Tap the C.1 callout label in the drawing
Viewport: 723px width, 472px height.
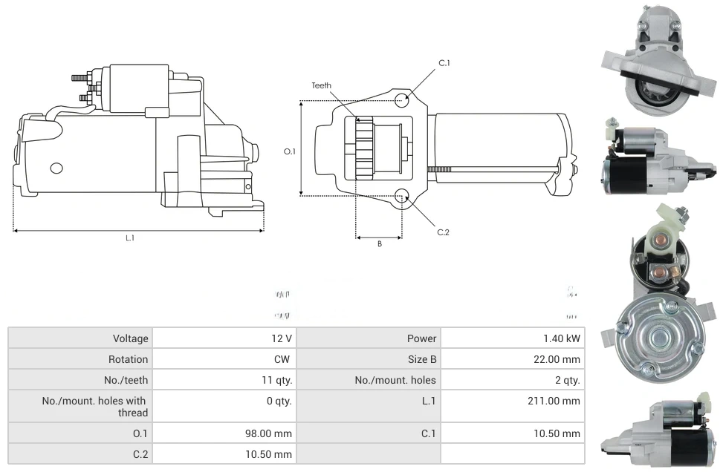pos(444,63)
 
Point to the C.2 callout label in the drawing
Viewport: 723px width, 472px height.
pos(443,232)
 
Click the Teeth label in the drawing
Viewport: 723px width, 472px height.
pos(322,85)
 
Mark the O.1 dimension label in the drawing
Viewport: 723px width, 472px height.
pos(290,151)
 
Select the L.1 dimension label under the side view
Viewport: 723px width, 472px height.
pos(130,238)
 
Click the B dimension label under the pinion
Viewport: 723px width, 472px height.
pos(379,244)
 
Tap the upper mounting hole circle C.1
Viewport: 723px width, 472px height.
pos(402,100)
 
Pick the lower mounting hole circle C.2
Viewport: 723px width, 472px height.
pos(402,196)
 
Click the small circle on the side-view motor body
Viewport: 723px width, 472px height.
pos(56,168)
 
